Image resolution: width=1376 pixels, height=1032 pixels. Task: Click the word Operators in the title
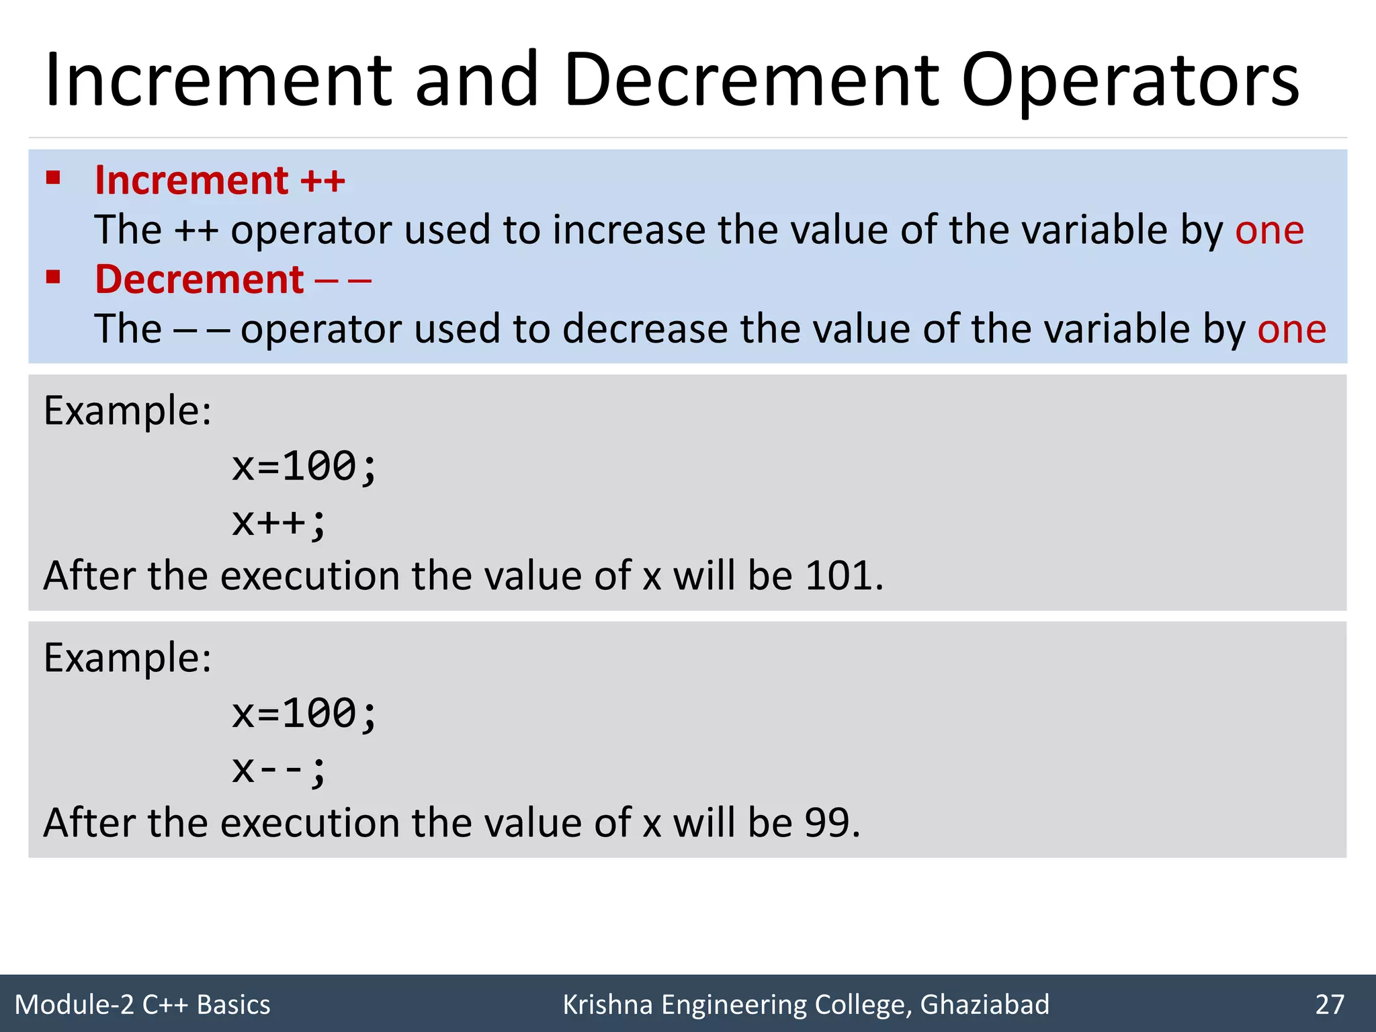pyautogui.click(x=1131, y=82)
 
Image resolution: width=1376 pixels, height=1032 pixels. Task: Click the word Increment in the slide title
pyautogui.click(x=218, y=82)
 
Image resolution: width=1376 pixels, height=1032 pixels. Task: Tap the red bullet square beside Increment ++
pyautogui.click(x=53, y=178)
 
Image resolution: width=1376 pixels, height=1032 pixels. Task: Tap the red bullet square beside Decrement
pyautogui.click(x=53, y=277)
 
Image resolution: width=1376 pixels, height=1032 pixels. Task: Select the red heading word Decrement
pyautogui.click(x=200, y=279)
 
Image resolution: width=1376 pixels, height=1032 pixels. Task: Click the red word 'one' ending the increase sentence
pyautogui.click(x=1269, y=230)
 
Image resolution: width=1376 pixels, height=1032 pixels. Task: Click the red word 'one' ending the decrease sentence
pyautogui.click(x=1291, y=329)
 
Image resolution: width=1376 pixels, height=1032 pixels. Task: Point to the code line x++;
pyautogui.click(x=279, y=522)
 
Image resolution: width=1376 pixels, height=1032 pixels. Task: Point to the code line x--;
pyautogui.click(x=279, y=769)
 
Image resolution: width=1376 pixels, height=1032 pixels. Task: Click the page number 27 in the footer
pyautogui.click(x=1330, y=1004)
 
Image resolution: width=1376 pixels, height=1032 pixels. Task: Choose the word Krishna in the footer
pyautogui.click(x=607, y=1004)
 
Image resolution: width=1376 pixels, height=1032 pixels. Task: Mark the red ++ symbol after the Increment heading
pyautogui.click(x=322, y=181)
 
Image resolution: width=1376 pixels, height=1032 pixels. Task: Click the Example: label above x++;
pyautogui.click(x=128, y=411)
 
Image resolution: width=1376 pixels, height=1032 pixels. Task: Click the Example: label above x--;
pyautogui.click(x=128, y=658)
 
